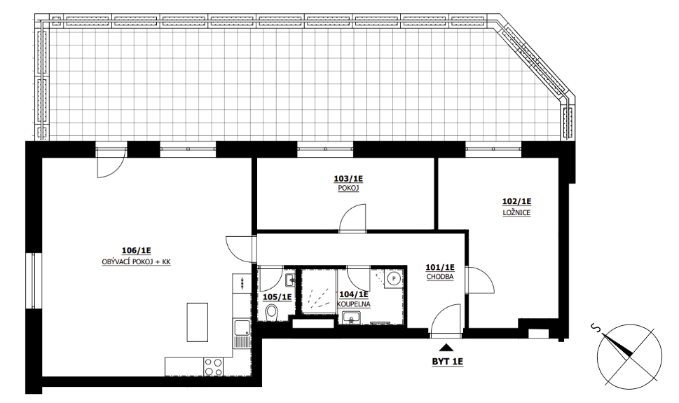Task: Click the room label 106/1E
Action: tap(136, 250)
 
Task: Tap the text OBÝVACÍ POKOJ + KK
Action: tap(136, 262)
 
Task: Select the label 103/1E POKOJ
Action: tap(348, 183)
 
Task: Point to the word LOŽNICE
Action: tap(516, 213)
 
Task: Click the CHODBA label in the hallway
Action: tap(440, 277)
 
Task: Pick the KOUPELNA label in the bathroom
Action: tap(354, 304)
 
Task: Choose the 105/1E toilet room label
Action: tap(277, 297)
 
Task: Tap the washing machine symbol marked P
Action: tap(394, 278)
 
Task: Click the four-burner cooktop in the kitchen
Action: tap(213, 366)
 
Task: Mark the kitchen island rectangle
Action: tap(197, 322)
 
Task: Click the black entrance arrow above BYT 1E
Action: tap(446, 347)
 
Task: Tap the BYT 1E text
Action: tap(447, 362)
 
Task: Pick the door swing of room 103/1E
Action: tap(352, 217)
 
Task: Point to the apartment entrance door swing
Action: tap(446, 320)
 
